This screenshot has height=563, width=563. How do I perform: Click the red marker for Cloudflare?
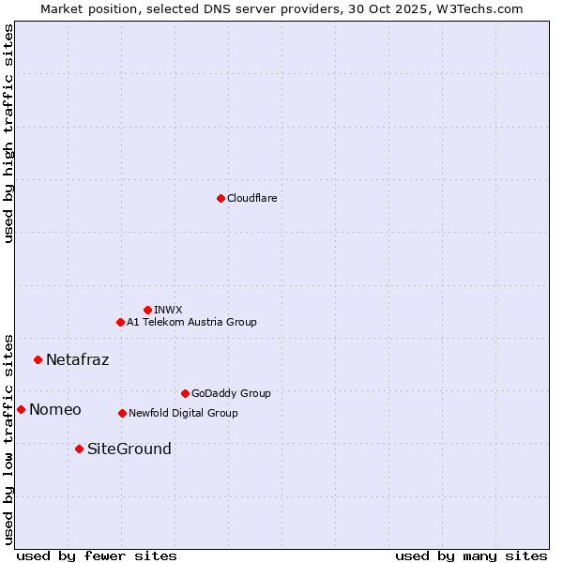coord(221,198)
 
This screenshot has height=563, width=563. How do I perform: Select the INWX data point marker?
coord(147,310)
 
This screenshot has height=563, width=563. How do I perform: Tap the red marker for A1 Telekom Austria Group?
coord(120,322)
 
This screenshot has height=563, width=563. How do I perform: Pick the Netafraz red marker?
coord(38,359)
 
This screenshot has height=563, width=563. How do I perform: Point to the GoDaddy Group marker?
coord(185,393)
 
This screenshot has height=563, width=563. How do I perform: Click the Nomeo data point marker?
coord(21,409)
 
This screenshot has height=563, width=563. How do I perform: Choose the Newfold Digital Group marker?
coord(122,413)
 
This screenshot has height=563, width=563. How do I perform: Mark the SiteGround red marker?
coord(79,449)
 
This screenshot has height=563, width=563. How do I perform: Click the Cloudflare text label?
coord(251,198)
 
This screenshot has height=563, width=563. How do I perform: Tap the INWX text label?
coord(168,310)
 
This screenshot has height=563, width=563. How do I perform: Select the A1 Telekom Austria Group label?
coord(191,322)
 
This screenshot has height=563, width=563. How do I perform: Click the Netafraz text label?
coord(77,359)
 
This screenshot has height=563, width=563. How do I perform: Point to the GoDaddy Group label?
coord(230,393)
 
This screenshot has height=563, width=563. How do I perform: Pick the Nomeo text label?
coord(54,409)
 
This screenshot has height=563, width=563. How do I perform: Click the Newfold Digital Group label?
coord(183,413)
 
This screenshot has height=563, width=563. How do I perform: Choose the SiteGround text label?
coord(129,449)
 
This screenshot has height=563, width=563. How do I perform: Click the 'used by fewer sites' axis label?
coord(97,555)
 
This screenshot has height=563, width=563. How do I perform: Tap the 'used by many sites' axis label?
coord(470,555)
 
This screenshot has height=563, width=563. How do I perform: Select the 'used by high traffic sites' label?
coord(8,133)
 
